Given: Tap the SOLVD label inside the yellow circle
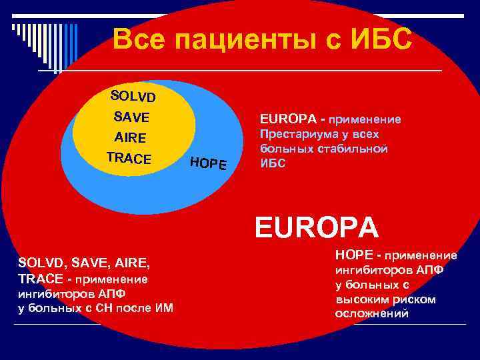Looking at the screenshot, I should [x=133, y=97].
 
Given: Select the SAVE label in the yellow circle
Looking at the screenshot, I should [x=131, y=117].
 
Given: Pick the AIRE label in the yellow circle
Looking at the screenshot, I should [x=130, y=138].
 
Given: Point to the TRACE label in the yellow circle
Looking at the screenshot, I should [x=129, y=159].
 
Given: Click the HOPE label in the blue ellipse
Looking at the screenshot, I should [x=208, y=163].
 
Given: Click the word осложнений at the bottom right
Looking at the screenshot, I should [x=372, y=313].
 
